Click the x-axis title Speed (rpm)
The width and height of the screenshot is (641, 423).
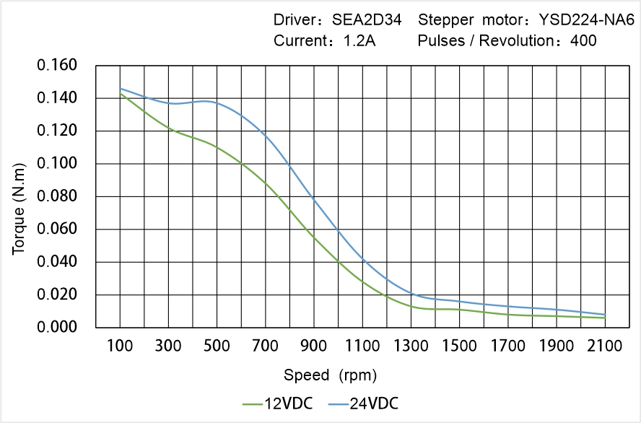(x=330, y=375)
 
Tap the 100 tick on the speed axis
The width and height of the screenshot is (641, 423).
(x=120, y=346)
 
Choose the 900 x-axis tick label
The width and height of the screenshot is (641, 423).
(x=314, y=346)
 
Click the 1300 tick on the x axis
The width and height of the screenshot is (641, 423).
(x=411, y=346)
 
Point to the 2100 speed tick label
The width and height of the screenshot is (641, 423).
(x=605, y=346)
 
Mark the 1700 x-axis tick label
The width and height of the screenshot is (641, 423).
(x=508, y=346)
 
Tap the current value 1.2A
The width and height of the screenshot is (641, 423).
(x=358, y=41)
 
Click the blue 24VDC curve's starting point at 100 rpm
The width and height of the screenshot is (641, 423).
(x=120, y=88)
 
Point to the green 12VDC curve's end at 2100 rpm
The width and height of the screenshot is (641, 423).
(x=605, y=318)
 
